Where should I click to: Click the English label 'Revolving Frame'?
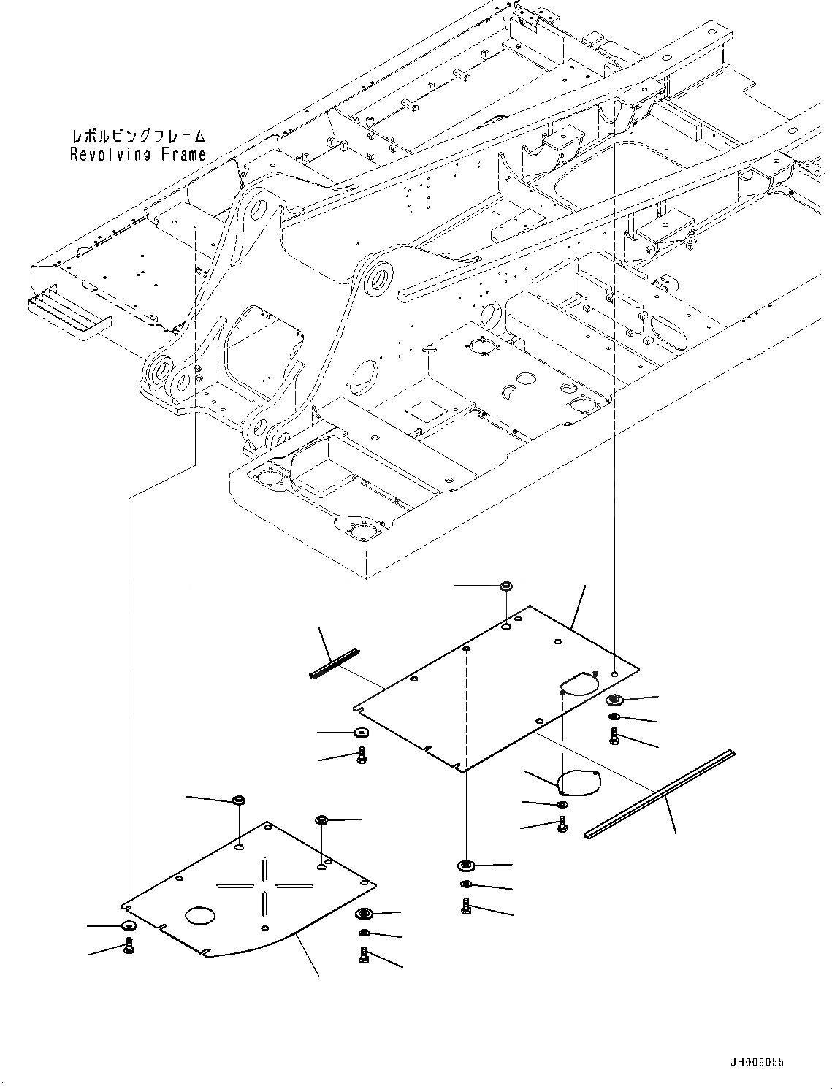point(138,154)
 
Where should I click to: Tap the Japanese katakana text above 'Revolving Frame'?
point(138,136)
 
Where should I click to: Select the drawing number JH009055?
point(755,1062)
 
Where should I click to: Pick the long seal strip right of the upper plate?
point(660,793)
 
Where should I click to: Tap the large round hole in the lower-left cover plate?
point(201,915)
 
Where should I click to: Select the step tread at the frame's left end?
point(69,313)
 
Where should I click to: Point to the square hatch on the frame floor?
point(427,411)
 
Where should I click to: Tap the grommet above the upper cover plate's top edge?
point(505,586)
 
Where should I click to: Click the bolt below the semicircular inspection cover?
point(562,824)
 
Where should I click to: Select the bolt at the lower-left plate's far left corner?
point(129,947)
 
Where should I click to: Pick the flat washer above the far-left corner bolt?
point(128,926)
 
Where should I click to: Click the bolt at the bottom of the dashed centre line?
point(467,906)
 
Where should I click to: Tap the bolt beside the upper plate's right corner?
point(614,736)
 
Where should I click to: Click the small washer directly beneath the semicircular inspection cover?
point(561,805)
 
